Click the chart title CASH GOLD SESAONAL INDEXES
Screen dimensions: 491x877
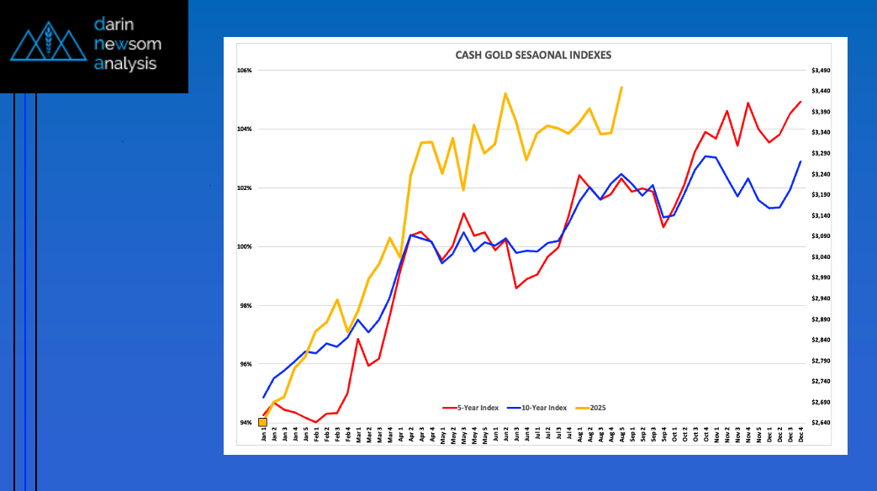pyautogui.click(x=533, y=55)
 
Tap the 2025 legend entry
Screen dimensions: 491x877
pyautogui.click(x=596, y=408)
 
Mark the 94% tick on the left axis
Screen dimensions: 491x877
pyautogui.click(x=246, y=422)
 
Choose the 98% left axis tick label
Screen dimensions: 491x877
pyautogui.click(x=246, y=305)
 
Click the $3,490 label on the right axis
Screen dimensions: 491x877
pyautogui.click(x=820, y=71)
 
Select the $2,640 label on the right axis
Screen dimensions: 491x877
pyautogui.click(x=820, y=422)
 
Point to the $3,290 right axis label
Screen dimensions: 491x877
pyautogui.click(x=820, y=153)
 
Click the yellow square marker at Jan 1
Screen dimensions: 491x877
pyautogui.click(x=263, y=422)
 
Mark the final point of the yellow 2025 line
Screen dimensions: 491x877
pyautogui.click(x=621, y=87)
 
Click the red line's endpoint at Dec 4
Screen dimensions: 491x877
pyautogui.click(x=800, y=102)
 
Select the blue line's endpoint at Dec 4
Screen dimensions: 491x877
pyautogui.click(x=800, y=161)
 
